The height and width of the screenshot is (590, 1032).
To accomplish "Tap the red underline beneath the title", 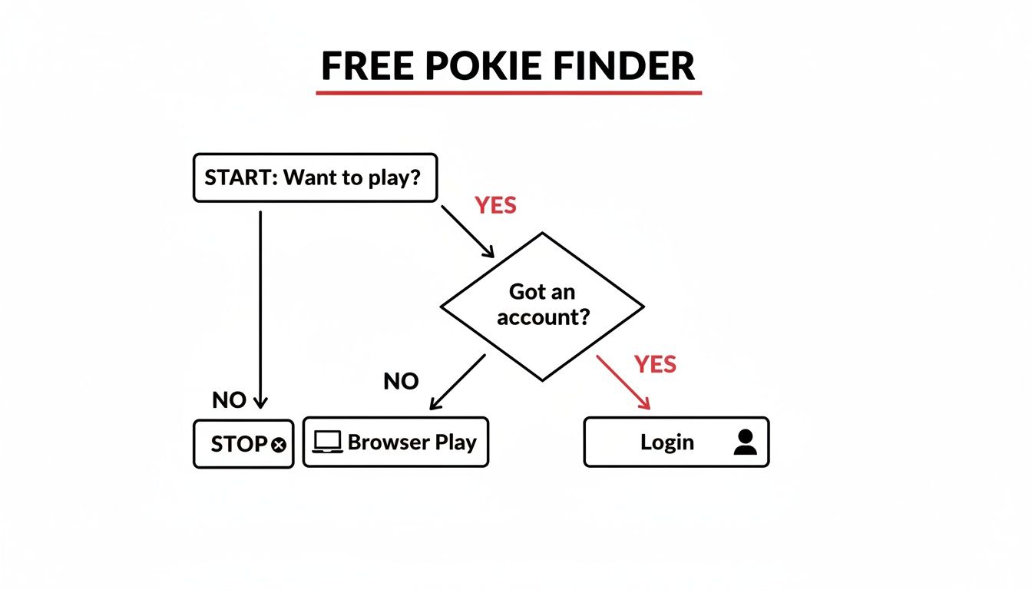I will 509,93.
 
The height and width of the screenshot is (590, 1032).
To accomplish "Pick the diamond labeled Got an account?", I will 542,306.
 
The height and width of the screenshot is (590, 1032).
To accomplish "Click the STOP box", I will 243,443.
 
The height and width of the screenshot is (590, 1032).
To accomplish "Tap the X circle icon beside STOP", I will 279,444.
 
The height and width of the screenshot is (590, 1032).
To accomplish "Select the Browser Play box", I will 395,442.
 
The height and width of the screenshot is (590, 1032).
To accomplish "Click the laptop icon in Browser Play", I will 328,442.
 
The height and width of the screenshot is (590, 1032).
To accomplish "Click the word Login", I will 666,442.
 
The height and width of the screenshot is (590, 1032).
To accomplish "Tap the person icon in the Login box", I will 744,442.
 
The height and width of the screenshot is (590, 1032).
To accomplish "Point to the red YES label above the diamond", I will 495,205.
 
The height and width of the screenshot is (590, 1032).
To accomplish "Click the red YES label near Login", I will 655,364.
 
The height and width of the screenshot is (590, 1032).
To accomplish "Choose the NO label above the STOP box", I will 229,400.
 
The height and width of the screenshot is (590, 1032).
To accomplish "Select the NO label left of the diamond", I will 400,382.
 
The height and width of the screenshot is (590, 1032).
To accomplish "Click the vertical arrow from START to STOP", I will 260,307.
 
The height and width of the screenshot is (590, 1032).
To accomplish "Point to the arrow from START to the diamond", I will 467,230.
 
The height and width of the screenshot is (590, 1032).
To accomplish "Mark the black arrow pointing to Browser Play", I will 458,381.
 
